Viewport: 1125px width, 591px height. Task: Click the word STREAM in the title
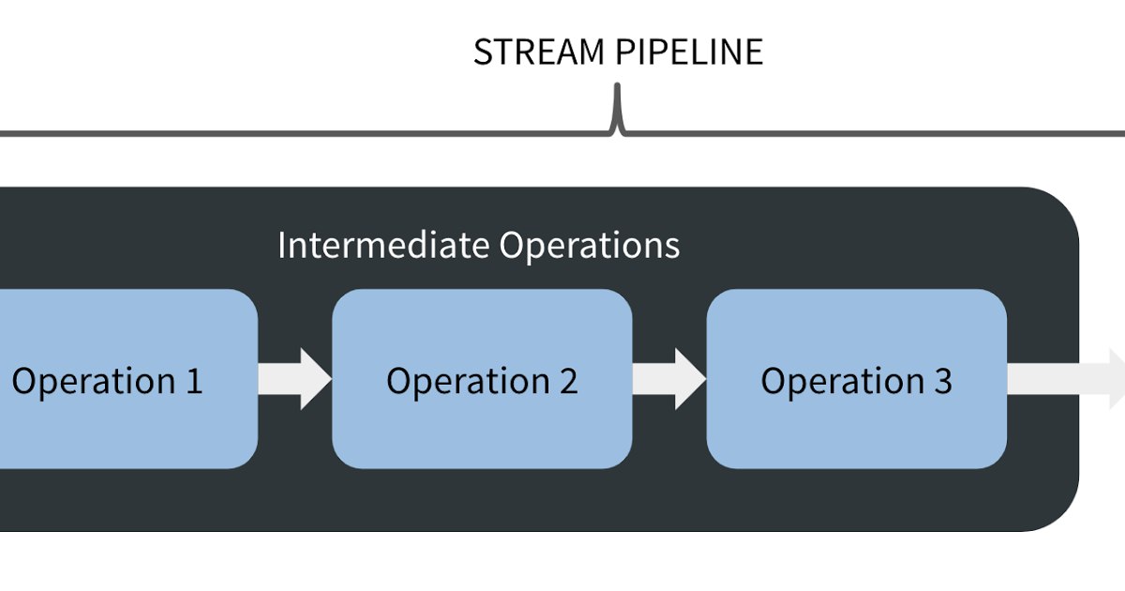(539, 52)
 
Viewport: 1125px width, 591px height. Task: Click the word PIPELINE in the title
(689, 52)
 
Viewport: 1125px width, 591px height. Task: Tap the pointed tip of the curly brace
(617, 85)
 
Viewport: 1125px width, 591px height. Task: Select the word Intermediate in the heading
(383, 245)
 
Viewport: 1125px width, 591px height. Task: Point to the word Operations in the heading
(590, 246)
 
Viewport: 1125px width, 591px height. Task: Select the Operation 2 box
(482, 379)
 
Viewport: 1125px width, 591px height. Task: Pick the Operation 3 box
(857, 379)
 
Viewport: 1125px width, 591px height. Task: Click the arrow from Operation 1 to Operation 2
(294, 379)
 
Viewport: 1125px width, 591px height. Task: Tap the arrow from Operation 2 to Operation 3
(669, 379)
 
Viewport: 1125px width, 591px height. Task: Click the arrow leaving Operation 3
(1066, 379)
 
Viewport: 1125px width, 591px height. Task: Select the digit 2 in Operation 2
(568, 381)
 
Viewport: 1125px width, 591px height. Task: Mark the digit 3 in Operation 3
(943, 381)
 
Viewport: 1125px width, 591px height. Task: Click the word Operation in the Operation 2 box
(468, 383)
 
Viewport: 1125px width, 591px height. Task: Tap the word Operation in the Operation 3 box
(843, 383)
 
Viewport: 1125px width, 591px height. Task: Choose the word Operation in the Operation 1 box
(94, 383)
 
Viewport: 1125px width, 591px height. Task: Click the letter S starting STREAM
(483, 52)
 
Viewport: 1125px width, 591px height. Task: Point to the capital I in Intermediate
(282, 245)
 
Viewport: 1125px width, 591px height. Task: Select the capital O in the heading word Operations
(511, 245)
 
